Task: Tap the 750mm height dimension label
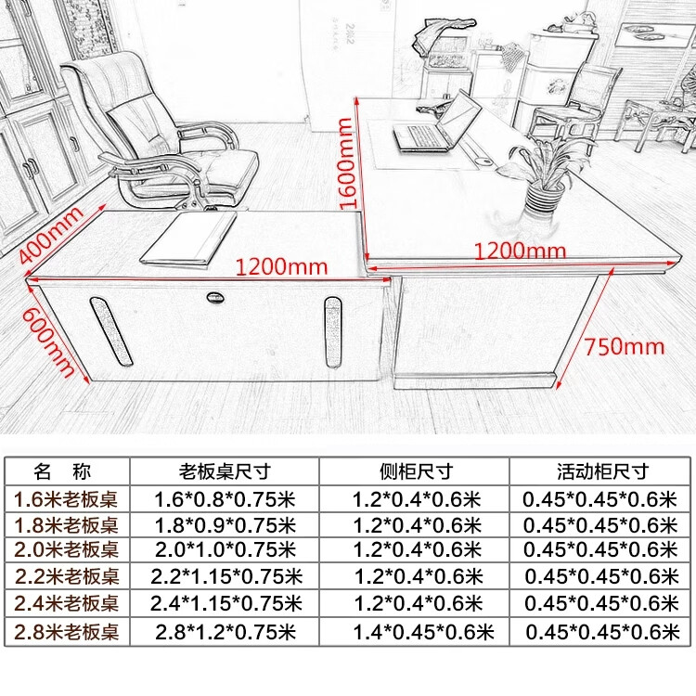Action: (x=625, y=347)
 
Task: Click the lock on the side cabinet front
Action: (x=215, y=298)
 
